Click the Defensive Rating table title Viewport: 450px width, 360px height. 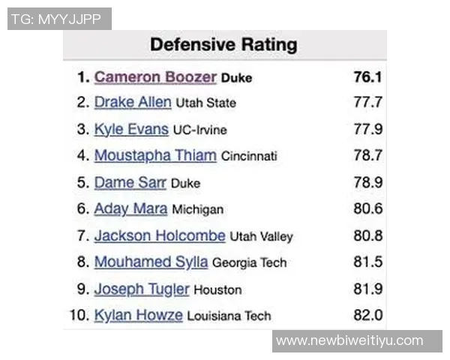(x=223, y=44)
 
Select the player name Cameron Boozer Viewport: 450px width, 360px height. (x=155, y=77)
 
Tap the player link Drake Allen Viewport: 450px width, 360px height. (x=133, y=102)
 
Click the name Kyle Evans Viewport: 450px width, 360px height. (x=131, y=129)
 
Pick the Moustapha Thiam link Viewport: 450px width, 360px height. (x=155, y=156)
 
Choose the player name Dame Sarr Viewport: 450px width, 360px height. (x=130, y=182)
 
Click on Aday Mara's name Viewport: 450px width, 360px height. (x=130, y=209)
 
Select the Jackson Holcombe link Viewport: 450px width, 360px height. (x=160, y=235)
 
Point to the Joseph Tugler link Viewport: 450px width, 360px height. (x=142, y=289)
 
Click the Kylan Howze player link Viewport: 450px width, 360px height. (x=138, y=315)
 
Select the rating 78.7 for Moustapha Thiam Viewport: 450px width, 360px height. (x=367, y=156)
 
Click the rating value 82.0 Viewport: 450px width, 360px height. (x=367, y=315)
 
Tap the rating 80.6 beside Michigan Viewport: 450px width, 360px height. (x=367, y=209)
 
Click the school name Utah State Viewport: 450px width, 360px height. (x=205, y=103)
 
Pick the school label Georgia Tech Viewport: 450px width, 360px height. (x=249, y=263)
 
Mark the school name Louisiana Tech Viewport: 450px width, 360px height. (x=229, y=316)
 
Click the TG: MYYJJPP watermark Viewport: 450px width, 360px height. (x=58, y=19)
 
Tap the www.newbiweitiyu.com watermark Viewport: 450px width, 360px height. (x=349, y=341)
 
